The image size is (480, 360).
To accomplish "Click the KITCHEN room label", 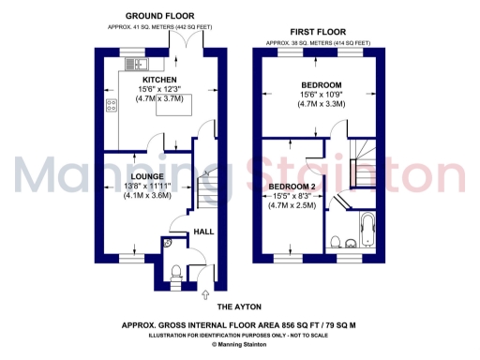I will pyautogui.click(x=153, y=80).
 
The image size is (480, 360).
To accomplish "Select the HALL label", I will pyautogui.click(x=202, y=232).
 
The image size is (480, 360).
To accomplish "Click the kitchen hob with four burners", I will pyautogui.click(x=111, y=104).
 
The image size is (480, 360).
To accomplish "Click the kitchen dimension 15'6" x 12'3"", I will pyautogui.click(x=153, y=89).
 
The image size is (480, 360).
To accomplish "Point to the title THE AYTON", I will pyautogui.click(x=240, y=308).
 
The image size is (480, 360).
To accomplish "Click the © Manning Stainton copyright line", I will pyautogui.click(x=240, y=345).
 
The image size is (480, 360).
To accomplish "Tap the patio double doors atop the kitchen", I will pyautogui.click(x=192, y=43).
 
